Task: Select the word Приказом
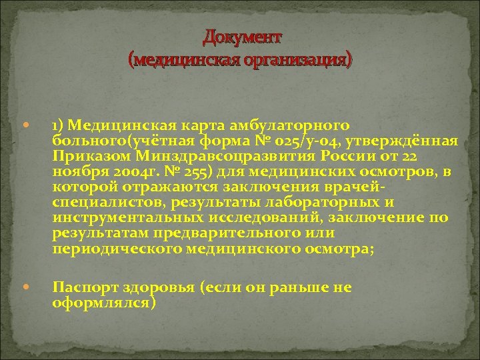[x=87, y=157]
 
